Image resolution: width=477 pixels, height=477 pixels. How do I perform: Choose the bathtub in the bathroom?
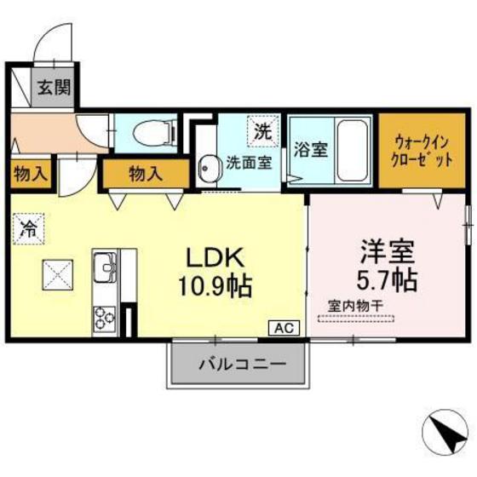pos(352,147)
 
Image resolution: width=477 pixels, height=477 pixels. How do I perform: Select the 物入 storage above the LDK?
pos(144,174)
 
